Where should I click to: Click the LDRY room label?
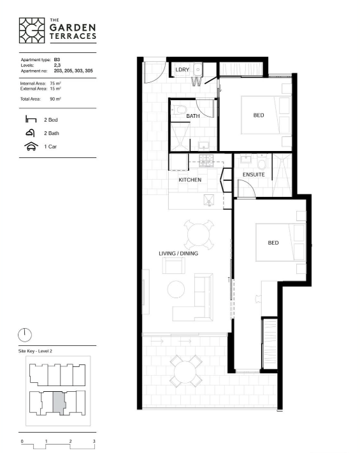[182, 69]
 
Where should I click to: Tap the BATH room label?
[193, 116]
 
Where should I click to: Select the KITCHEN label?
[190, 180]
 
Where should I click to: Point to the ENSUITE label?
[254, 175]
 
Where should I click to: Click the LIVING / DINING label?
[178, 254]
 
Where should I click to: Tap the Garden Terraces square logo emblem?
[32, 31]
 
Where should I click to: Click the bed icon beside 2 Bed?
[31, 119]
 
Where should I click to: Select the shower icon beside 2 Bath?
[31, 133]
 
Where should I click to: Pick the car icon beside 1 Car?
[31, 147]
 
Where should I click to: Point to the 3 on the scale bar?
[94, 441]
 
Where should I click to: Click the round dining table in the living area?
[199, 234]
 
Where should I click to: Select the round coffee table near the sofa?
[176, 289]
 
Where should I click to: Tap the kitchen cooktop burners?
[206, 161]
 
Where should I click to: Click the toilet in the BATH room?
[178, 110]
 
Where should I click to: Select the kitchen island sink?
[209, 200]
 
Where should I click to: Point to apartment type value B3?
[57, 60]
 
